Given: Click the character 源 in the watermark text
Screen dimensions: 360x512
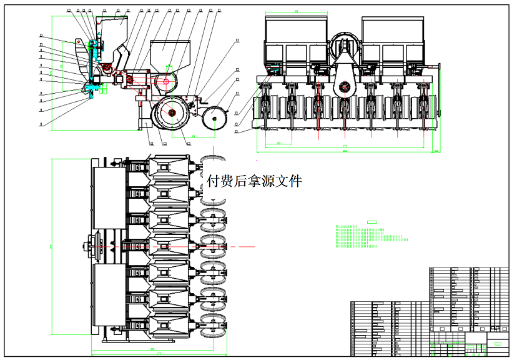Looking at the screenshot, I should (x=262, y=181).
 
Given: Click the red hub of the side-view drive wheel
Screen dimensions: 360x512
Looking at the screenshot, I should (x=170, y=112).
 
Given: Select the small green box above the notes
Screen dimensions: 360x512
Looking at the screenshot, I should (x=372, y=222).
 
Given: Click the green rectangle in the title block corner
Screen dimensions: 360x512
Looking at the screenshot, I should (x=498, y=342).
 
